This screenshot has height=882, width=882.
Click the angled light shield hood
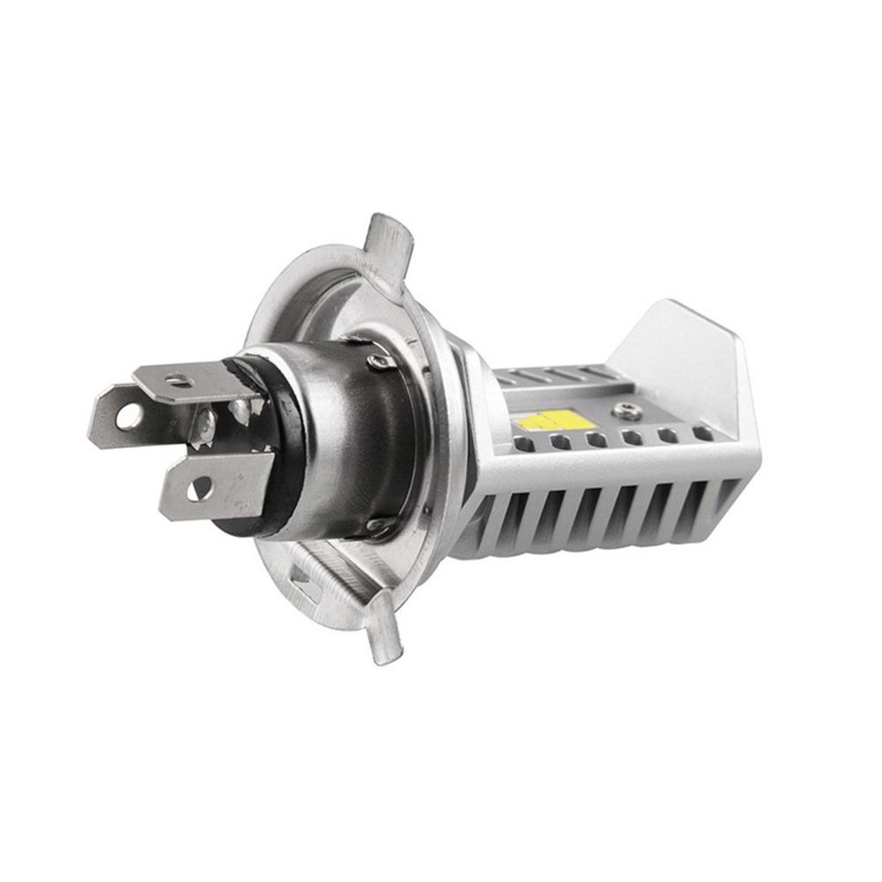(x=697, y=362)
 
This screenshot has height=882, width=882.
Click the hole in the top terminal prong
(x=180, y=380)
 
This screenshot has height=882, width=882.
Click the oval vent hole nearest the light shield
(x=703, y=433)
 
